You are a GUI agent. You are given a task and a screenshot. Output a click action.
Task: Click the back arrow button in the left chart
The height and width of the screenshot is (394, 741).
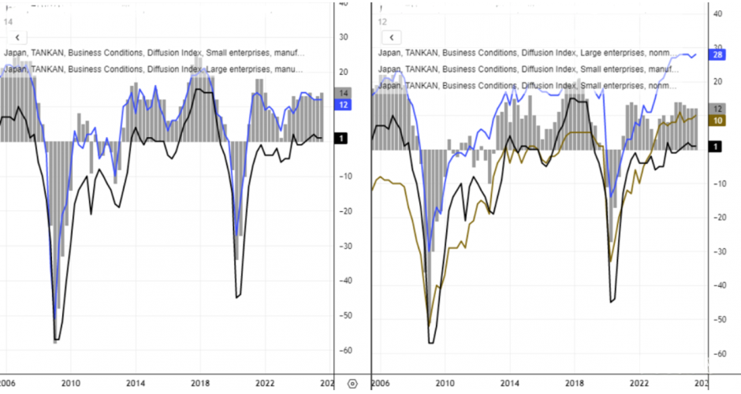[17, 37]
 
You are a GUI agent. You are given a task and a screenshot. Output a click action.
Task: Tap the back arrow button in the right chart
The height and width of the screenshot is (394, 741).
[392, 37]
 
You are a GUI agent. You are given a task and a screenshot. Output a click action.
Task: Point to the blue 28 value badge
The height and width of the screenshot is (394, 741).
[717, 55]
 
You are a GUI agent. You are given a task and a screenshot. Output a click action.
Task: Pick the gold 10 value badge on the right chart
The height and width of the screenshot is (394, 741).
[717, 121]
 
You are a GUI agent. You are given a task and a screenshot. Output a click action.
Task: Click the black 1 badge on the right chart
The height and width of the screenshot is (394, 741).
[715, 147]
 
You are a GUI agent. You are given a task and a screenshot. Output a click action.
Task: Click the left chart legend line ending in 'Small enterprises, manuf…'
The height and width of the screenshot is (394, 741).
[155, 53]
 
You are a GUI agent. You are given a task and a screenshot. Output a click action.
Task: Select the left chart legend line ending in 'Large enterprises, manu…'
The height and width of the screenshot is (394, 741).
[155, 69]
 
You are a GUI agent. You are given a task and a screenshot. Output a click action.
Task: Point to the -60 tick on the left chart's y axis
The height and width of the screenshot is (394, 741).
[344, 351]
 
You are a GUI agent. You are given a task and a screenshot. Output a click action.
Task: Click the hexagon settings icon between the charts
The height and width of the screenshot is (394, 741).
[352, 383]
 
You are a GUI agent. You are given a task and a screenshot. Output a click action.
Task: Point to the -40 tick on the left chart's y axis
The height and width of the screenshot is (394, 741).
[344, 281]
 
